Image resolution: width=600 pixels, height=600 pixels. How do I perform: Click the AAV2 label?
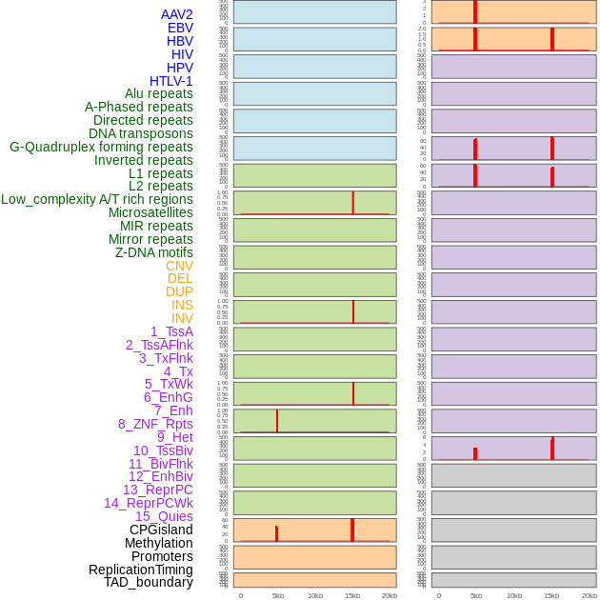(x=177, y=14)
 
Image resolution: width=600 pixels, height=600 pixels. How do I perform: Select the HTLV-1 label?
(x=171, y=81)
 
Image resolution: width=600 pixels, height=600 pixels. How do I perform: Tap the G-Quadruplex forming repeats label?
(x=101, y=147)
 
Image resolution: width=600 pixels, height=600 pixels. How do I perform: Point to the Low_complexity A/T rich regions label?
(x=97, y=199)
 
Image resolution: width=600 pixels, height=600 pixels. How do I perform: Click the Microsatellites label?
(x=150, y=212)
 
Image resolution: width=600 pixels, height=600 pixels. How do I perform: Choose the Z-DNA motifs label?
(x=154, y=252)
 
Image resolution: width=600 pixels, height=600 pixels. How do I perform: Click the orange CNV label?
(x=179, y=266)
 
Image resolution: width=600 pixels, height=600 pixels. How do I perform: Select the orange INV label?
(x=182, y=318)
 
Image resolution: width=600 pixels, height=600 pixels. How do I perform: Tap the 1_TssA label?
(x=171, y=331)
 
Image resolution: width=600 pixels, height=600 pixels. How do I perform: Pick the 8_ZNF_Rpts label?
(x=155, y=424)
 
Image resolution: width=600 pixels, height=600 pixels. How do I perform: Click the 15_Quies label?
(x=164, y=516)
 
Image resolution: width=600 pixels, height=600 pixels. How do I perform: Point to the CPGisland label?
(x=161, y=530)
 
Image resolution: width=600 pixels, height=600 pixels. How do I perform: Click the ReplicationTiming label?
(x=141, y=570)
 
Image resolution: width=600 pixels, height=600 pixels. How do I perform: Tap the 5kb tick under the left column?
(x=278, y=595)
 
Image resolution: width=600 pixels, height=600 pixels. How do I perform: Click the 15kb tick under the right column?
(x=551, y=595)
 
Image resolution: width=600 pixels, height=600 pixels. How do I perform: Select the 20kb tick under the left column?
(x=390, y=595)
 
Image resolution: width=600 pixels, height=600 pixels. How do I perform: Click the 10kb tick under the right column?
(x=513, y=595)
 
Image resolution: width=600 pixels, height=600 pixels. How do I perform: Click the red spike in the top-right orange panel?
(x=475, y=11)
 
